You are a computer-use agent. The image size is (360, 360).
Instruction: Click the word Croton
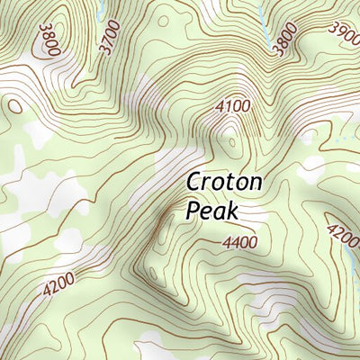(x=224, y=183)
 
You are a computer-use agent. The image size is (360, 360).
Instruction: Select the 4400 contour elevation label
(x=238, y=242)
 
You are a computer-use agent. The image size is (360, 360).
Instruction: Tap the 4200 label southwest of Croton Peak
(x=58, y=286)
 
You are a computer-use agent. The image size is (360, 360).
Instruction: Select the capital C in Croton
(x=195, y=183)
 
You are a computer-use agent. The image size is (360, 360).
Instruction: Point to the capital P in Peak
(x=193, y=211)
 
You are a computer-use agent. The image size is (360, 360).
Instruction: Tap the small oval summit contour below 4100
(x=233, y=143)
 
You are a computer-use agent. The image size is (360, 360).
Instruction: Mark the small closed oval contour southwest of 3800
(x=15, y=105)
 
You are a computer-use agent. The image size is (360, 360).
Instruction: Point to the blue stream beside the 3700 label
(x=102, y=9)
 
